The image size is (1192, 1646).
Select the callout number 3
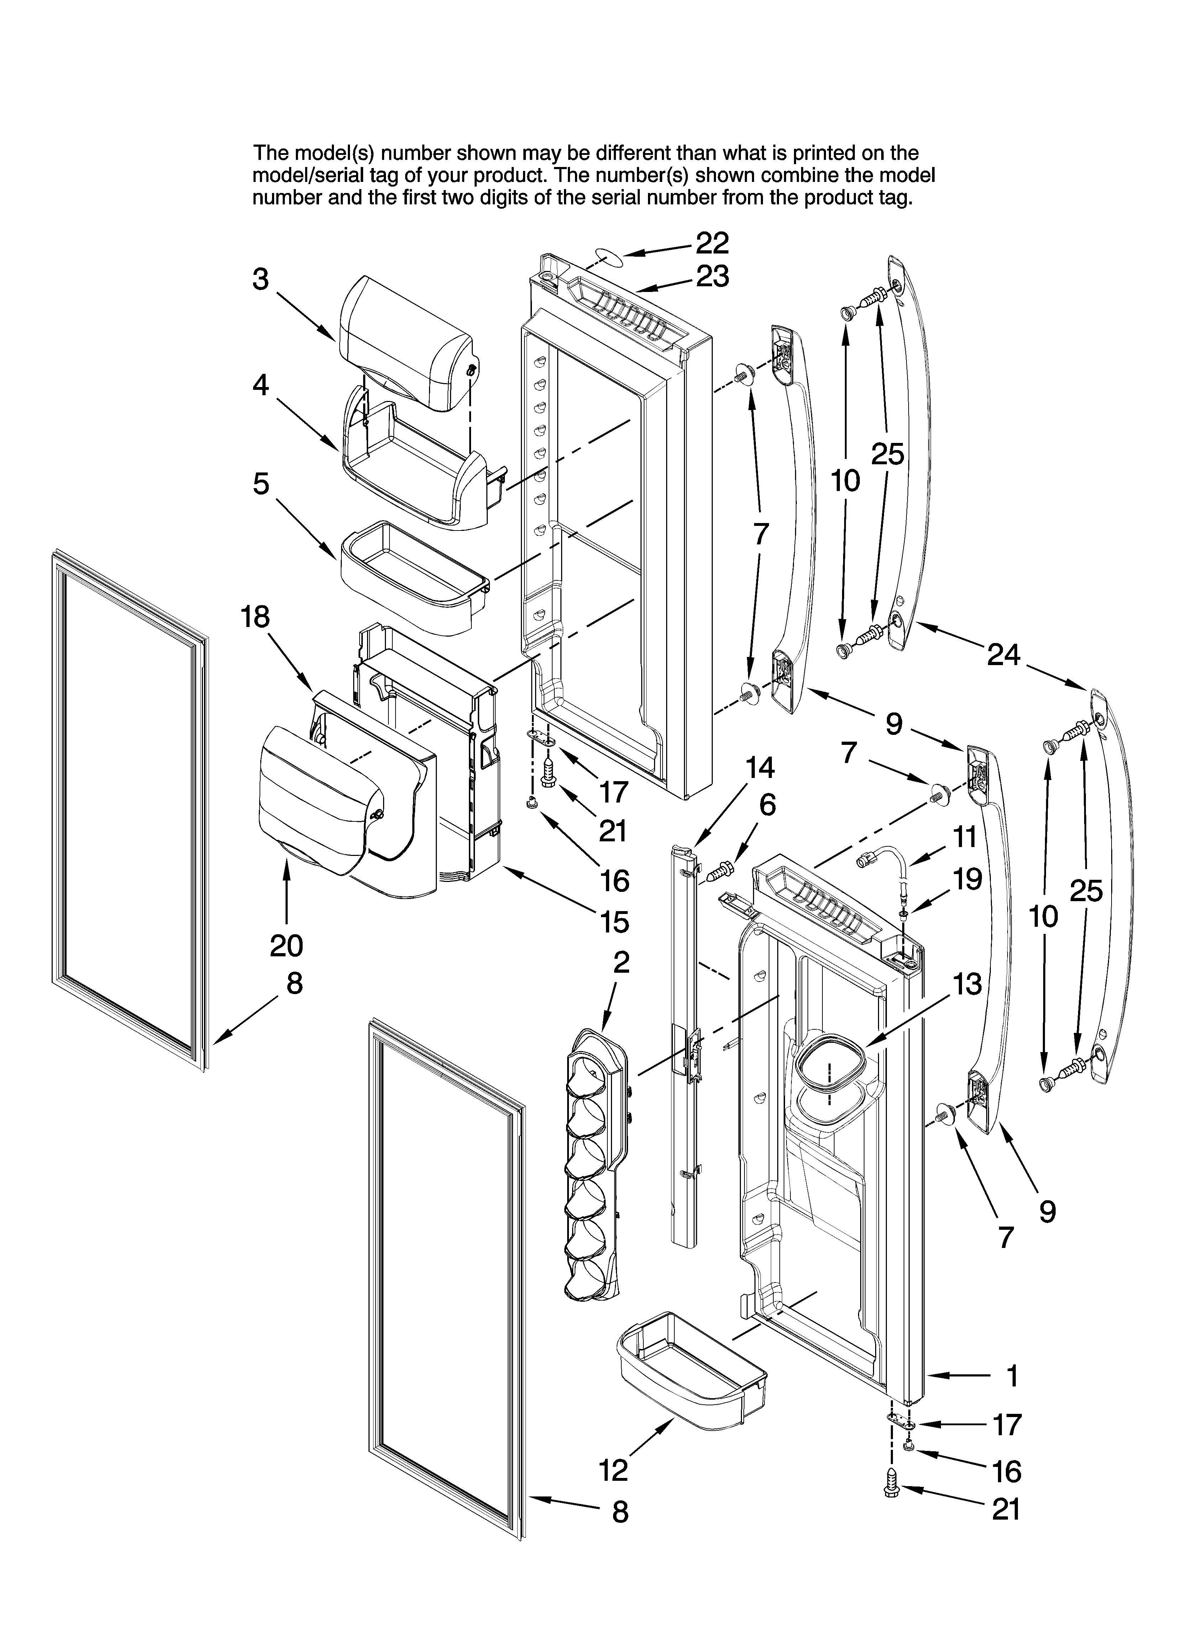261,279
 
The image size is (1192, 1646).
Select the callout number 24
1004,655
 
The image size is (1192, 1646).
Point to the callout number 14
760,767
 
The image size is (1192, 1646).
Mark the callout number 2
621,962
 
